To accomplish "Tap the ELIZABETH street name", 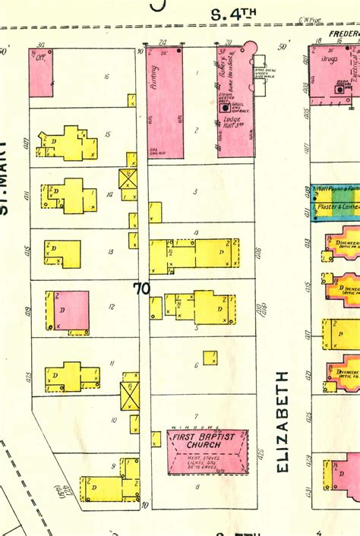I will (x=283, y=422).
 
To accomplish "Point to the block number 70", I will (x=141, y=288).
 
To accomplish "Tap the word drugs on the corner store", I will (x=328, y=78).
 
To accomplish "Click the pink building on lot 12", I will (x=71, y=311).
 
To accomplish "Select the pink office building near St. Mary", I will (x=40, y=72).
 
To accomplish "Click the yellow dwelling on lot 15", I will (x=68, y=143).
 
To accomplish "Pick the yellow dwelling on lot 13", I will (x=62, y=254).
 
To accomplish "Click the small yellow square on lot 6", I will (x=210, y=358).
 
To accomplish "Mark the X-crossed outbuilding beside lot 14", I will (x=127, y=179).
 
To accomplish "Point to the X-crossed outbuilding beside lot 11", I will (x=129, y=395).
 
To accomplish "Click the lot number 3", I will (x=195, y=192).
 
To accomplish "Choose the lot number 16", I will (x=106, y=76).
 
